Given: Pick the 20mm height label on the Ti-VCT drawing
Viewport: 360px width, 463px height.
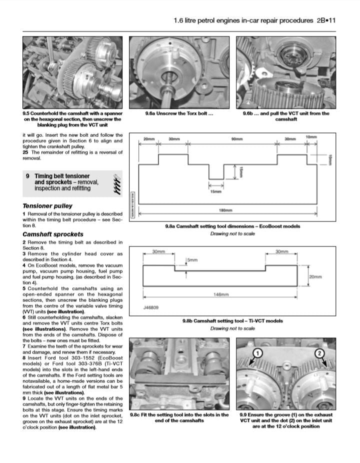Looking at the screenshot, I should pyautogui.click(x=315, y=276).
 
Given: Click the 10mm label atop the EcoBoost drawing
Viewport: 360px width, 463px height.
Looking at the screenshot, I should pyautogui.click(x=311, y=137).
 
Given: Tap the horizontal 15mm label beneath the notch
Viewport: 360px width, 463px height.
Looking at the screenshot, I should pyautogui.click(x=216, y=190).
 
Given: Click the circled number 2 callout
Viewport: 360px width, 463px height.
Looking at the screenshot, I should pyautogui.click(x=318, y=353).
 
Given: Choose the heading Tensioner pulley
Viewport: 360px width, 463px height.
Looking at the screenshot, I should pyautogui.click(x=47, y=206).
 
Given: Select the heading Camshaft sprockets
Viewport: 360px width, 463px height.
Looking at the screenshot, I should pyautogui.click(x=53, y=234).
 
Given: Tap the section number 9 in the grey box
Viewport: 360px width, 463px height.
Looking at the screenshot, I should pyautogui.click(x=28, y=176).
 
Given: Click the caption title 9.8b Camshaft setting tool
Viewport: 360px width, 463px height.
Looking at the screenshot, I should pyautogui.click(x=232, y=321).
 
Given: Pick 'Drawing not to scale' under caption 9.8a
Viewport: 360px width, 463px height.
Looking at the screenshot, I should pyautogui.click(x=232, y=233).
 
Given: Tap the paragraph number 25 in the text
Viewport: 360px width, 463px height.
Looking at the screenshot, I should pyautogui.click(x=26, y=152).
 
